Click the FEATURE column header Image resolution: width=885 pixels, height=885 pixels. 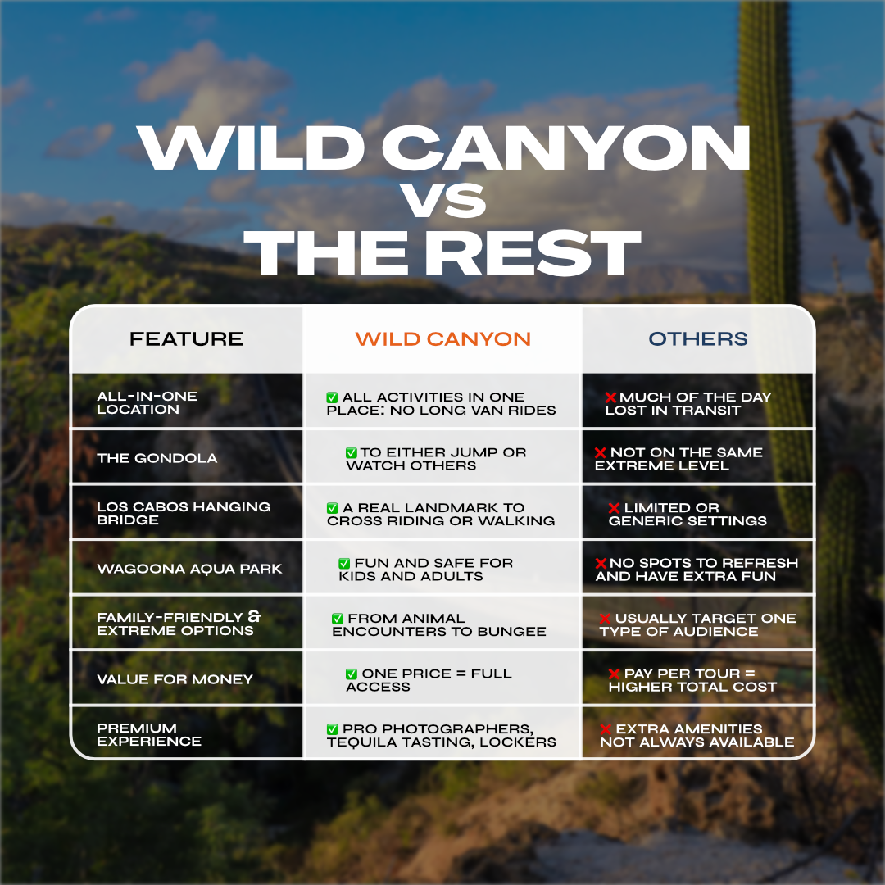point(186,338)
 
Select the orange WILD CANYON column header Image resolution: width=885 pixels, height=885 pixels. point(443,338)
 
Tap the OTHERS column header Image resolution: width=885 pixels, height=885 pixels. point(698,338)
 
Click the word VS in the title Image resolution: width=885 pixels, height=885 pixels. point(444,201)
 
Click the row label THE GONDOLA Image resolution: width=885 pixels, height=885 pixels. point(157,458)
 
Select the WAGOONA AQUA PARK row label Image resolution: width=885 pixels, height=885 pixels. point(189,569)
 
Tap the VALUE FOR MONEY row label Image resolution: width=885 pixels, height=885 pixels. point(175,679)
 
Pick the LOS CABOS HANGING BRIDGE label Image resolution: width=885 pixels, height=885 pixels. point(184,513)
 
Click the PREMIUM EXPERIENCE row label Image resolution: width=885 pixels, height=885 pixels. point(149,734)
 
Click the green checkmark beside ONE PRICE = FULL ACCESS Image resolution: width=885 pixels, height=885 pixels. point(351,674)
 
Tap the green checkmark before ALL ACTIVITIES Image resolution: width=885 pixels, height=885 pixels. point(333,397)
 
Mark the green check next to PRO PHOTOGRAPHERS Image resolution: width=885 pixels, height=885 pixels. point(333,729)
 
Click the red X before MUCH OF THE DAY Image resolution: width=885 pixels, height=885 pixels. point(610,397)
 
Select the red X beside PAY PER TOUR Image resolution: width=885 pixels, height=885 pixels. point(614,674)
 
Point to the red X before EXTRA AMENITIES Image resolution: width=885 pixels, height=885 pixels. point(606,729)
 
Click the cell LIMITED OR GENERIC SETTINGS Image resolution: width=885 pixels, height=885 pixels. point(688,514)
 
